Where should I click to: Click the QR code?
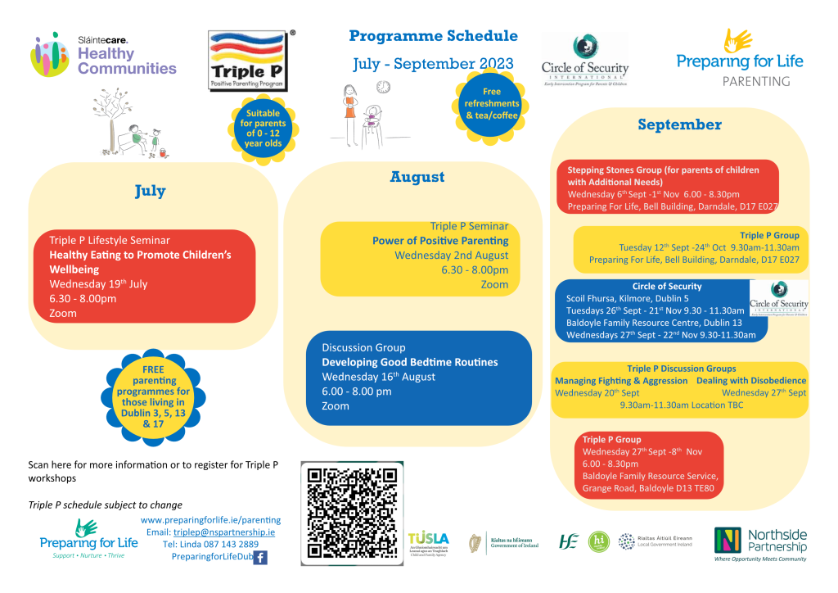tap(352, 514)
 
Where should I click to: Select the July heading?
tap(150, 192)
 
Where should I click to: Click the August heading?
tap(417, 177)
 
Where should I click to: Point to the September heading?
tap(679, 124)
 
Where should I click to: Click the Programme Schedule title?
tap(433, 36)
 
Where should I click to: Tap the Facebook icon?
tap(260, 558)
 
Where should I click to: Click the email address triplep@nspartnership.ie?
tap(223, 532)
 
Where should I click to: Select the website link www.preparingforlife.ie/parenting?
tap(210, 520)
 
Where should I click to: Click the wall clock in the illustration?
tap(383, 87)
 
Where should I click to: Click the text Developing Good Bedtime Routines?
tap(409, 362)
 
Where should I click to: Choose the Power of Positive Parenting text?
tap(440, 241)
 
